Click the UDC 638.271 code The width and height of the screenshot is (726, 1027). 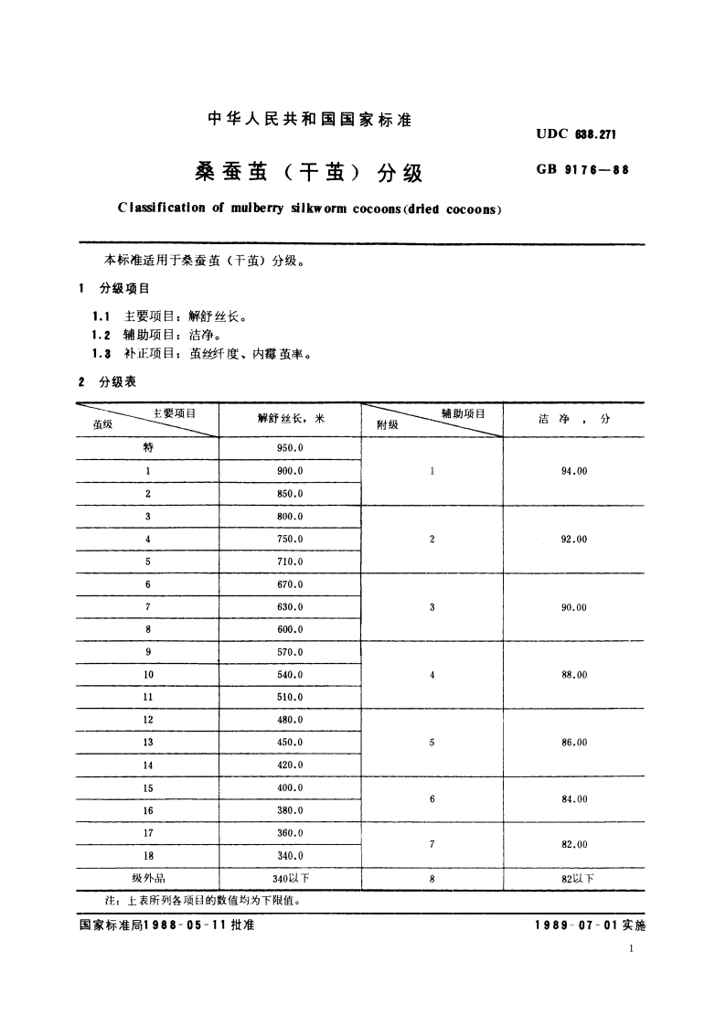point(577,135)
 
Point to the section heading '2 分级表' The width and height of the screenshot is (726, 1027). point(109,382)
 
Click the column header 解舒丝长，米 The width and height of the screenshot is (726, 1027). point(291,419)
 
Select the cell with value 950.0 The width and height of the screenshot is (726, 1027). point(291,448)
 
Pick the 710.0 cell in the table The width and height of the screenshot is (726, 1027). point(291,562)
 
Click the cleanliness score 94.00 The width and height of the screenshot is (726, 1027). point(574,471)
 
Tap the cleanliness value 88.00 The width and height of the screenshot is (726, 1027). point(574,675)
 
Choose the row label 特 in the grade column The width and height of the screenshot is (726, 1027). point(148,448)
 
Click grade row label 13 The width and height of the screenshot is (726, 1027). point(148,743)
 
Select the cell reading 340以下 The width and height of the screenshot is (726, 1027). point(292,878)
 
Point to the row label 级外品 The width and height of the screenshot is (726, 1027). point(148,878)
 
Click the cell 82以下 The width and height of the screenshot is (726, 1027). point(576,878)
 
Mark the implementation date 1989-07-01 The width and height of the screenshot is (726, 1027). point(576,925)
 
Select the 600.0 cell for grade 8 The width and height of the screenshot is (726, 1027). point(291,629)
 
